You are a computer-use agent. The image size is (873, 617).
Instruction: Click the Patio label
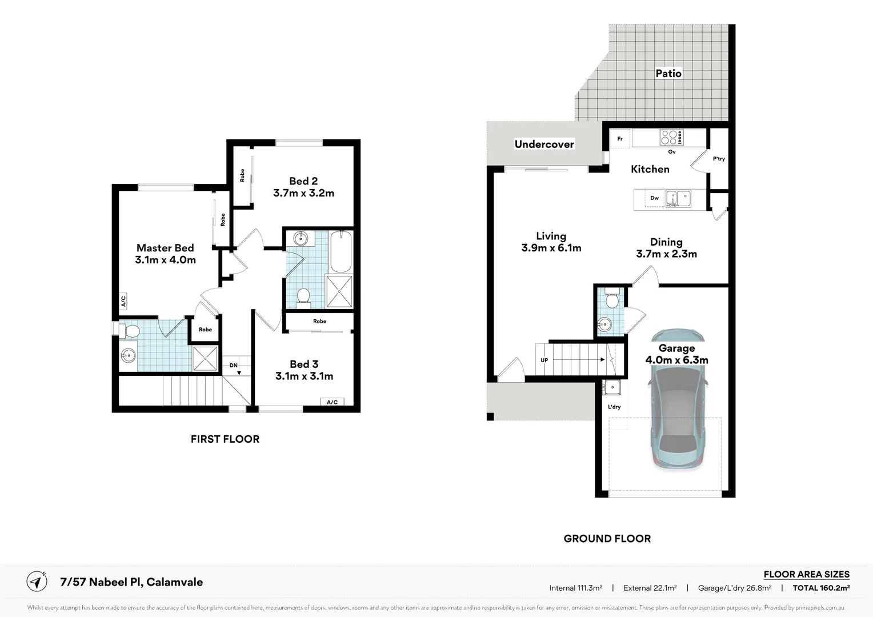pos(668,73)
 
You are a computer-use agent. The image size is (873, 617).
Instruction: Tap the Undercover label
pos(544,144)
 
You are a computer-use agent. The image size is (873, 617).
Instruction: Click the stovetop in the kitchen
pos(671,137)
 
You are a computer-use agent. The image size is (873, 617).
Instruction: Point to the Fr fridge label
pos(620,139)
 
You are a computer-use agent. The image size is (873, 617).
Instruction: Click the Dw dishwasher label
pos(654,198)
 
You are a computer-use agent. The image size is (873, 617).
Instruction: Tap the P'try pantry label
pos(719,159)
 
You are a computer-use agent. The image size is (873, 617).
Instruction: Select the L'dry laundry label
pos(614,407)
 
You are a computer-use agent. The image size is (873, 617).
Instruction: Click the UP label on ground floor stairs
pos(544,360)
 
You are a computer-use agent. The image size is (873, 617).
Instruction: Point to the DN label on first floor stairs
pos(233,365)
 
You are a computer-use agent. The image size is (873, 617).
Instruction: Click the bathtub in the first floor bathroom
pos(341,251)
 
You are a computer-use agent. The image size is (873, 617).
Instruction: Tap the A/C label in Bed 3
pos(332,402)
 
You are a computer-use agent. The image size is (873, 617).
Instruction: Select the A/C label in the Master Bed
pos(123,301)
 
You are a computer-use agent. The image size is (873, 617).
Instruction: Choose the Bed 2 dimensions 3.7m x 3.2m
pos(303,193)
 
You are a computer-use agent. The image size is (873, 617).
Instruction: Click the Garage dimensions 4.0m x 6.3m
pos(676,360)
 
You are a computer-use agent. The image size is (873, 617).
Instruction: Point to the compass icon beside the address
pos(37,582)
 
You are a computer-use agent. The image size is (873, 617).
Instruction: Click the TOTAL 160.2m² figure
pos(821,588)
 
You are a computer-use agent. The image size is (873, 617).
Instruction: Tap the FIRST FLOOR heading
pos(225,439)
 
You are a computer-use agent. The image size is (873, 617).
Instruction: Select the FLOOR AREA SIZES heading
pos(807,574)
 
